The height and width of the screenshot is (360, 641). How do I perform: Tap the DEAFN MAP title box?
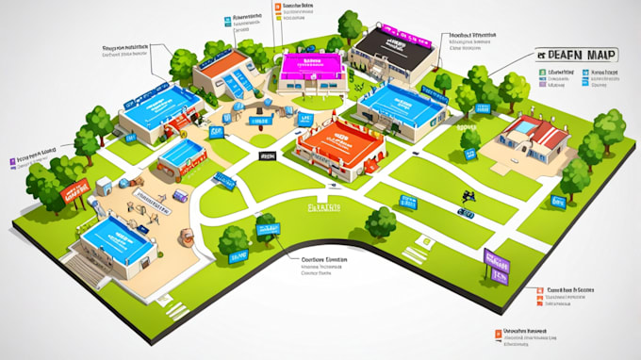(x=574, y=56)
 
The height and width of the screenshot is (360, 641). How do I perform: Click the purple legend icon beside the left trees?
(x=10, y=160)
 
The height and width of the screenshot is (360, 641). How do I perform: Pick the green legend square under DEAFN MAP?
(x=542, y=72)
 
